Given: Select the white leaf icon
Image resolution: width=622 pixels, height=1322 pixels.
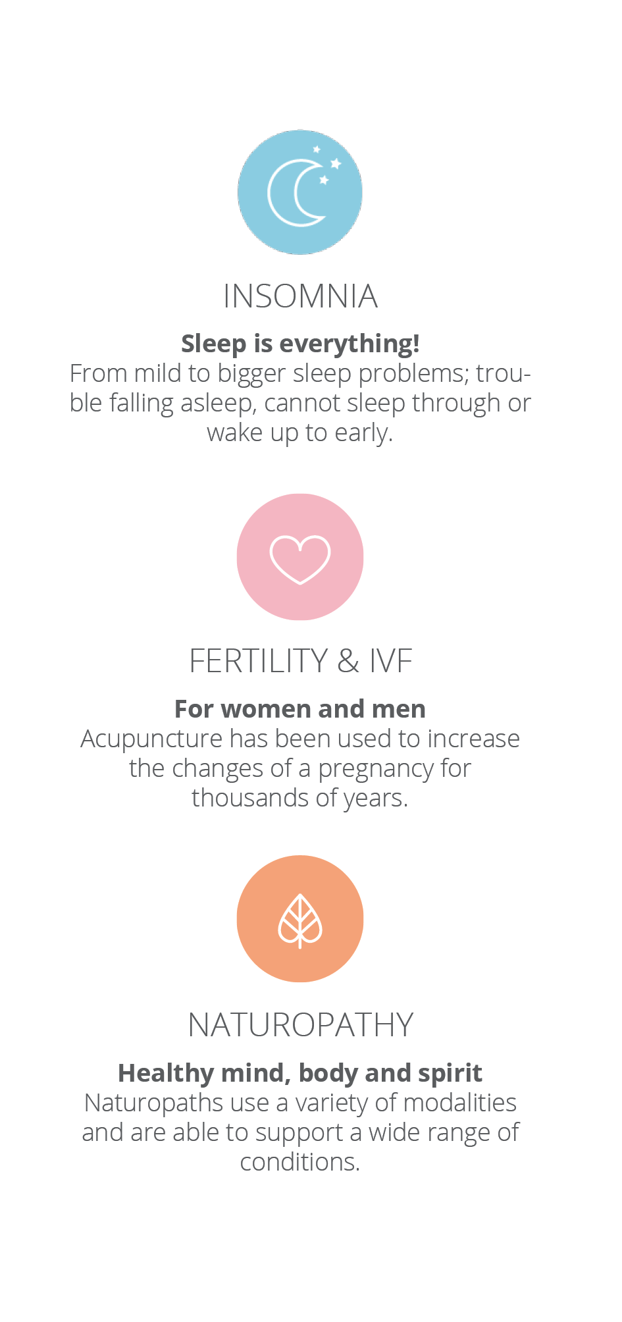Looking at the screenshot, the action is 300,920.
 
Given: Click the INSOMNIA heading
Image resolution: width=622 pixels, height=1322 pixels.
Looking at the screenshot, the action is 300,296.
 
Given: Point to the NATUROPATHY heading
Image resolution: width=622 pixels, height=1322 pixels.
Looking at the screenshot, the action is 300,1025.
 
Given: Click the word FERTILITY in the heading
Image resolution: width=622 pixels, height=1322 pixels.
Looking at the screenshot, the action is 259,661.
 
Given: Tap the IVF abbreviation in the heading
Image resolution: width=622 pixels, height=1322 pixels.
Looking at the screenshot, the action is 390,661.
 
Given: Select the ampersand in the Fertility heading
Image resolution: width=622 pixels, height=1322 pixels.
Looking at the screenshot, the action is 348,661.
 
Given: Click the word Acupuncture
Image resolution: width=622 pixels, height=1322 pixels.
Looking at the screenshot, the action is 151,739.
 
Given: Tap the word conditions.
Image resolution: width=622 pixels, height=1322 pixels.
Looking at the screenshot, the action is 300,1162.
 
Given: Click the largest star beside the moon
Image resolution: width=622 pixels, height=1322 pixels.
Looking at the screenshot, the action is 336,163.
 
